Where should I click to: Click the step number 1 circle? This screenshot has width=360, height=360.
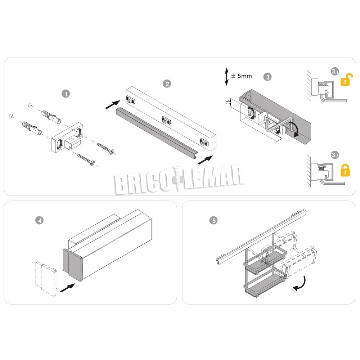tap(66, 94)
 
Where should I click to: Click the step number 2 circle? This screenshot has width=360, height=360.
tap(167, 84)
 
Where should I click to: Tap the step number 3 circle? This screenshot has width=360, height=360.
tap(267, 77)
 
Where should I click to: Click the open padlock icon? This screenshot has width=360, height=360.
tap(346, 80)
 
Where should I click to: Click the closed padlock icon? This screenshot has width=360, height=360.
tap(345, 170)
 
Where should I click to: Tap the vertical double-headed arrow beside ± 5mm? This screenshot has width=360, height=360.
tap(226, 76)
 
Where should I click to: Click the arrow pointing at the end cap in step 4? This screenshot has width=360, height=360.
tap(67, 288)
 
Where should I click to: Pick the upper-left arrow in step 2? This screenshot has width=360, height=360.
tap(113, 104)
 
